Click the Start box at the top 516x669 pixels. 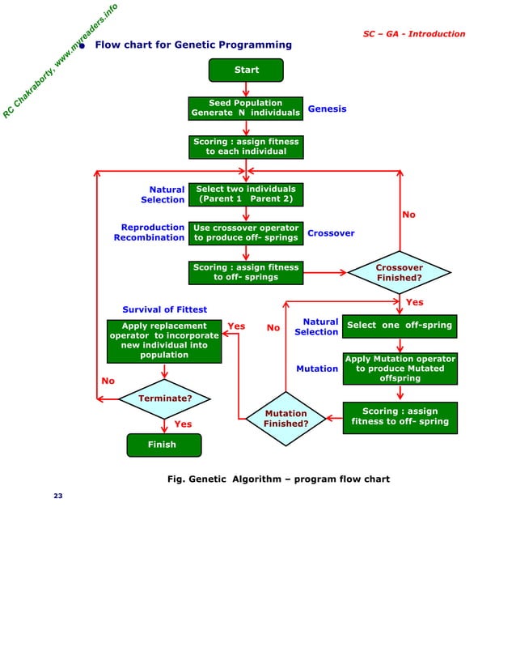point(246,70)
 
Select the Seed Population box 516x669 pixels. point(246,109)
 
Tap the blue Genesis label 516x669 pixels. point(327,109)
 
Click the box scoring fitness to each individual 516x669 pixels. point(246,147)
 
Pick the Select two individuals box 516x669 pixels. point(246,194)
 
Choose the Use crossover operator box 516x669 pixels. point(246,233)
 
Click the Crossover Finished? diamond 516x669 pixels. point(399,273)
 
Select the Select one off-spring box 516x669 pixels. point(400,326)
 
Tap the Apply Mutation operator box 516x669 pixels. point(400,369)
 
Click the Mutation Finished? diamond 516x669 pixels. point(286,419)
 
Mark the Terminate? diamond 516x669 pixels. point(165,398)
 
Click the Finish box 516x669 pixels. point(163,445)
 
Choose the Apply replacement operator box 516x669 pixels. point(164,340)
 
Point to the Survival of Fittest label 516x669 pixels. point(164,309)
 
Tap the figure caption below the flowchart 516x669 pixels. point(278,479)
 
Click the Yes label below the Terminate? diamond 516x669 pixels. point(184,424)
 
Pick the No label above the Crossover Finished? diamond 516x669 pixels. point(408,215)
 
